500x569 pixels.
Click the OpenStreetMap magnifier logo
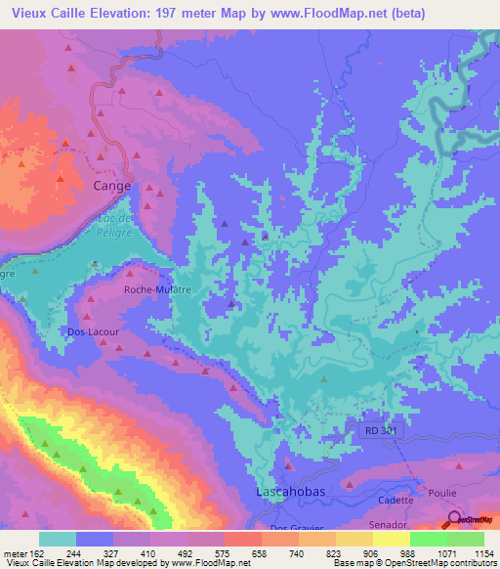(454, 520)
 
